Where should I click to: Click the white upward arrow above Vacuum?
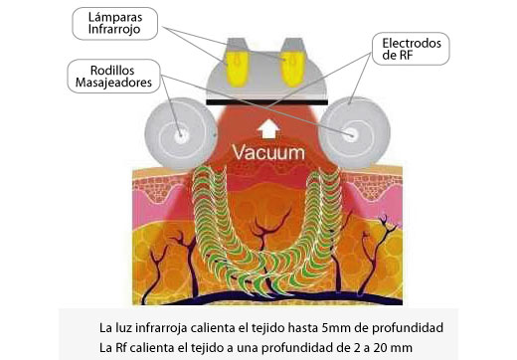(x=266, y=127)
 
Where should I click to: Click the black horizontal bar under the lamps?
(x=266, y=101)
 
